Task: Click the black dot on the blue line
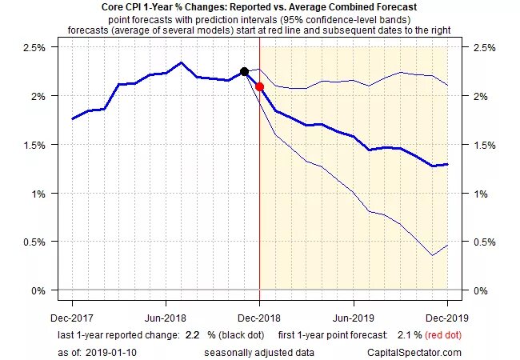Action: pos(244,72)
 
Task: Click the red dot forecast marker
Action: pos(259,86)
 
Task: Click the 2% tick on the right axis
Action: pos(483,96)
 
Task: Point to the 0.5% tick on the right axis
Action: pos(486,242)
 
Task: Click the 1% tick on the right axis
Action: pos(483,194)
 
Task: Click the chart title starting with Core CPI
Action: pos(259,8)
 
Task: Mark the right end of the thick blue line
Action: pos(446,165)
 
